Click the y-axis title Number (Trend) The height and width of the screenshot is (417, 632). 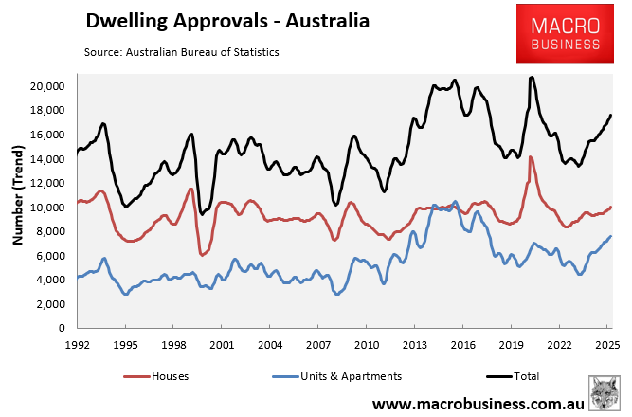pyautogui.click(x=16, y=195)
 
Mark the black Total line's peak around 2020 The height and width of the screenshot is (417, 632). pyautogui.click(x=532, y=78)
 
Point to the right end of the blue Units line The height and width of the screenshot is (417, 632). pyautogui.click(x=611, y=236)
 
